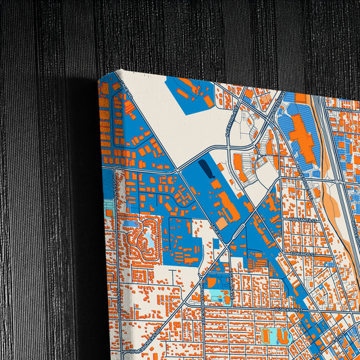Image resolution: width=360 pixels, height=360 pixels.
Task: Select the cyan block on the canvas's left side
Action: click(108, 205)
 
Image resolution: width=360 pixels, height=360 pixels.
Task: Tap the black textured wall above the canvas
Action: click(203, 34)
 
